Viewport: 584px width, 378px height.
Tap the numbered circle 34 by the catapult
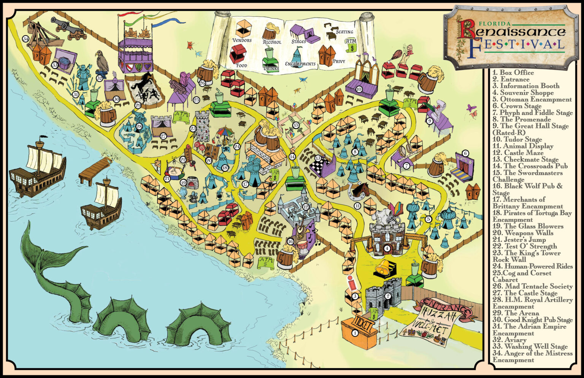(26, 39)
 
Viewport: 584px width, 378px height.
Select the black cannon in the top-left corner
(68, 29)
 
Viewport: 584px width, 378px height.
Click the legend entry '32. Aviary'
(510, 340)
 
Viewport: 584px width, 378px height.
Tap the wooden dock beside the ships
(95, 169)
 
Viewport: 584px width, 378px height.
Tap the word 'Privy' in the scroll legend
(338, 61)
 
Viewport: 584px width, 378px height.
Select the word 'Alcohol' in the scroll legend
(272, 42)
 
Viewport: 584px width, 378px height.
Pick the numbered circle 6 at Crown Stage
(465, 154)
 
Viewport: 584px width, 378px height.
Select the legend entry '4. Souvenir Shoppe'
(523, 93)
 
